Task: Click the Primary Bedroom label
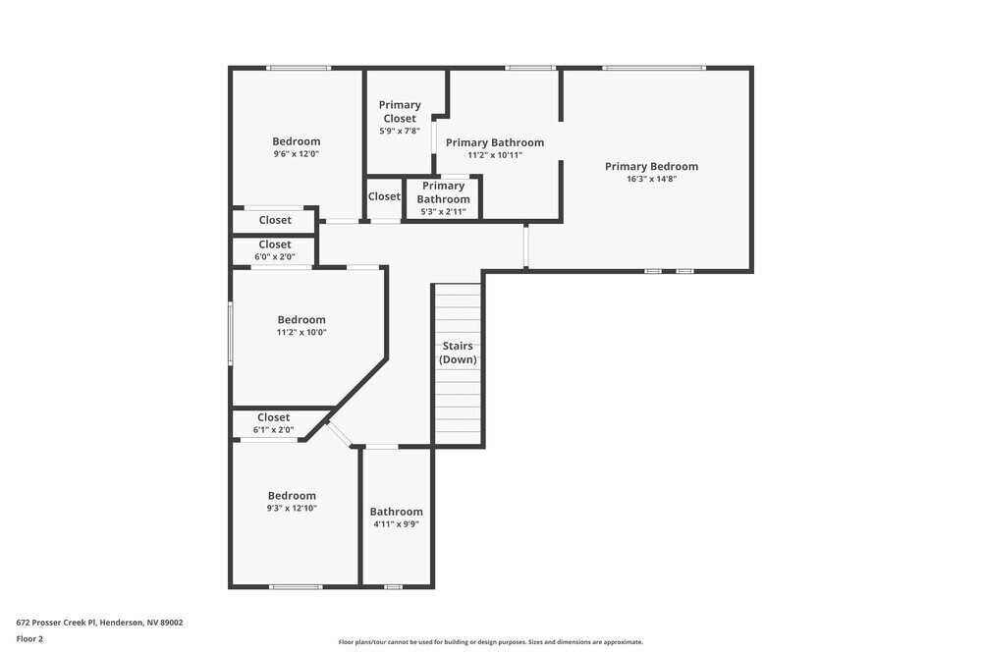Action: (x=651, y=166)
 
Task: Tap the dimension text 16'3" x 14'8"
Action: (x=651, y=179)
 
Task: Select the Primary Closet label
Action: (x=400, y=112)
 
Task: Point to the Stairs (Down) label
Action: (x=458, y=353)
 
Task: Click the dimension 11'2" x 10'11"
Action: (x=494, y=155)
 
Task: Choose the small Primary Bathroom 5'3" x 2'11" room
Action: (x=443, y=198)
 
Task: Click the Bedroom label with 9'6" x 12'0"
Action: (x=296, y=141)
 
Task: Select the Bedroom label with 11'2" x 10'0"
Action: (x=301, y=319)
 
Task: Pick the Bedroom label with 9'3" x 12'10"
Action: (x=293, y=496)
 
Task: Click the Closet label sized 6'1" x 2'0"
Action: (x=273, y=417)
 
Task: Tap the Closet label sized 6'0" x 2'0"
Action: (x=275, y=245)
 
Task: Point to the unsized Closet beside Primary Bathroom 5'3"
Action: (x=384, y=196)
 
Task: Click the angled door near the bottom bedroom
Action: (x=339, y=434)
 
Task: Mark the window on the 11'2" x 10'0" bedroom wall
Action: (x=231, y=334)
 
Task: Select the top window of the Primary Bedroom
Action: (x=653, y=68)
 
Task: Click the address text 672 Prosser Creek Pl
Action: (x=99, y=622)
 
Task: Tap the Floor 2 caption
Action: (x=29, y=638)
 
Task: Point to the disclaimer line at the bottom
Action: (x=491, y=642)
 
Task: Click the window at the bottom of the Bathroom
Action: (x=393, y=586)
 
